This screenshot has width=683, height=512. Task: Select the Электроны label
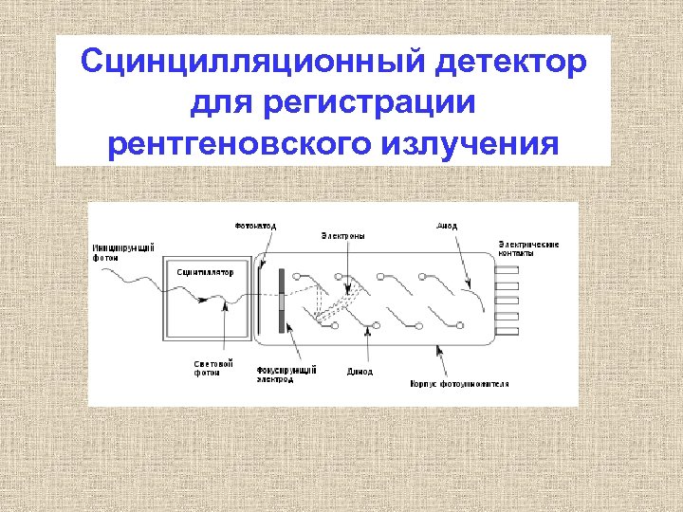[x=341, y=235]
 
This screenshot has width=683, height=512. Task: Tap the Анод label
[x=447, y=226]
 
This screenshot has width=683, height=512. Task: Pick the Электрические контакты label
[x=527, y=248]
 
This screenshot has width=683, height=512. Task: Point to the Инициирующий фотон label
[x=123, y=252]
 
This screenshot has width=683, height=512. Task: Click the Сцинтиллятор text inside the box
[x=205, y=272]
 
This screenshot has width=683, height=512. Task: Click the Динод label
[x=360, y=371]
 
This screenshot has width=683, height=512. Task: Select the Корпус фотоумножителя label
[x=460, y=384]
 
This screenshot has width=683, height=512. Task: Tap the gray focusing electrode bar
[x=282, y=300]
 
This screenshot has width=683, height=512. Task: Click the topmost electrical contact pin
[x=508, y=270]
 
